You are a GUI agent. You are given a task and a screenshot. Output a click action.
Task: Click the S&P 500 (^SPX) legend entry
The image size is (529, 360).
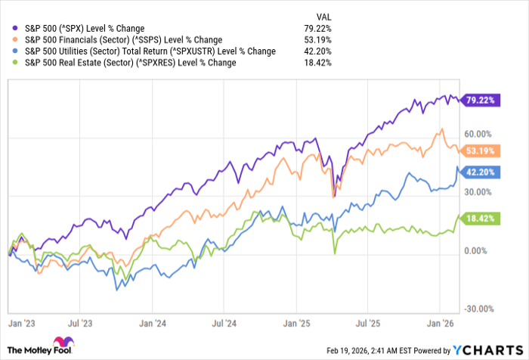pos(91,28)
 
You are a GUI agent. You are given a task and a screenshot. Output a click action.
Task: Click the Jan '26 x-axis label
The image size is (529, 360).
pos(439,322)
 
